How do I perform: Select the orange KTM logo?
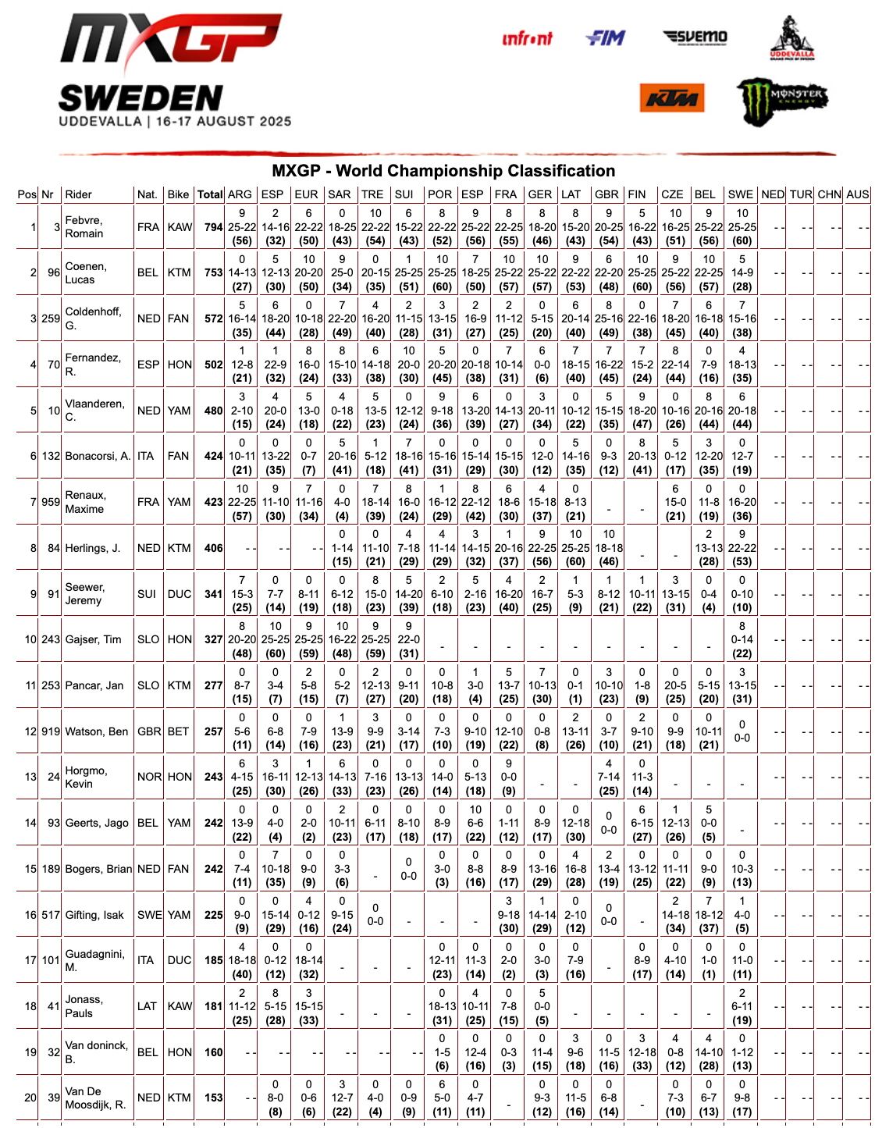click(x=672, y=99)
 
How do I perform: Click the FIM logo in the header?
click(x=606, y=37)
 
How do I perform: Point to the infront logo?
click(x=527, y=38)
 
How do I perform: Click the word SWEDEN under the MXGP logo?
click(x=140, y=99)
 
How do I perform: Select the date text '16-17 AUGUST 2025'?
click(x=223, y=122)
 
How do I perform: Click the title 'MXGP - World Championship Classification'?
click(x=443, y=171)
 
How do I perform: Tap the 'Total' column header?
click(x=210, y=194)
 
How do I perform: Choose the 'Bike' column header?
click(x=178, y=194)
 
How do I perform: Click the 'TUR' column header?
click(x=801, y=194)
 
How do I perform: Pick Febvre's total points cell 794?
click(x=213, y=227)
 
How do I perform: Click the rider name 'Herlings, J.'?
click(x=93, y=548)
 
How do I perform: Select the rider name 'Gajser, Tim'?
click(x=94, y=639)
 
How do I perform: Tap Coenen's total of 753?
click(x=213, y=272)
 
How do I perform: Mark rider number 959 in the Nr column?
click(x=51, y=502)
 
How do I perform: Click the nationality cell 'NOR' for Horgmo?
click(x=149, y=777)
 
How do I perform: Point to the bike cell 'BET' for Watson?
click(x=178, y=731)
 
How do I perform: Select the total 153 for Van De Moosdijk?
click(x=213, y=1098)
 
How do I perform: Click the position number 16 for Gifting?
click(x=30, y=915)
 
